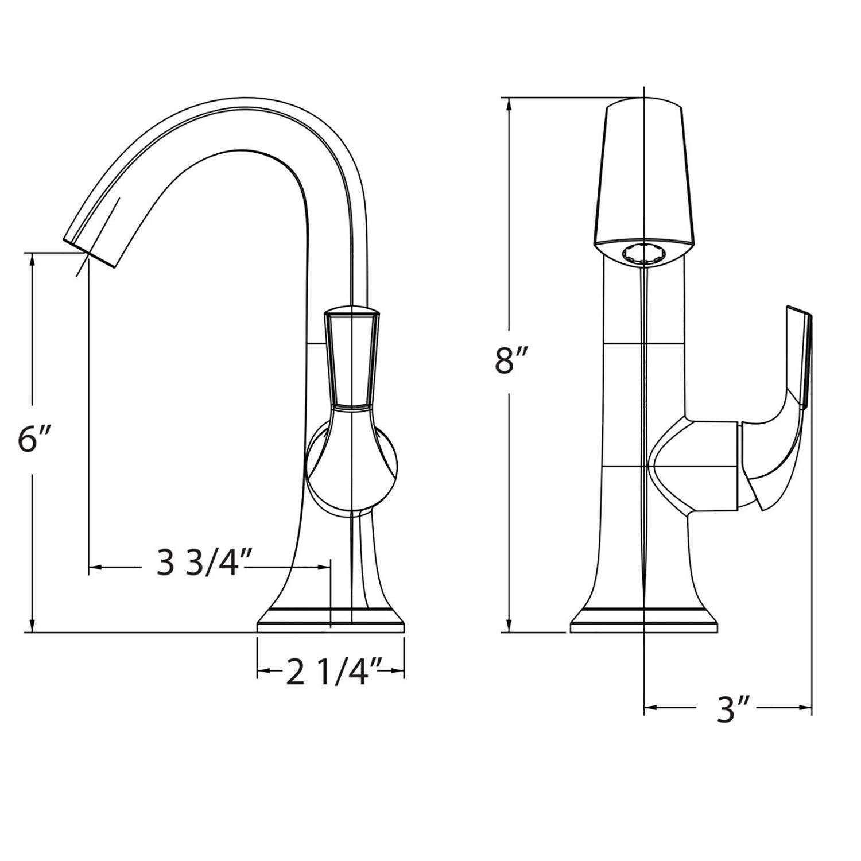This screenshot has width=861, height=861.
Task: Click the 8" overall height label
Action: pos(511,362)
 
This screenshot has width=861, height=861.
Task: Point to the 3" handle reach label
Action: pos(728,711)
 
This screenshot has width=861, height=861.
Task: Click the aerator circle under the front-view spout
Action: pos(644,253)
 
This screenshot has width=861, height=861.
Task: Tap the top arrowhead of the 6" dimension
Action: pos(33,259)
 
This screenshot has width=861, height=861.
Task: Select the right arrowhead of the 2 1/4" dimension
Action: pos(399,670)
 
